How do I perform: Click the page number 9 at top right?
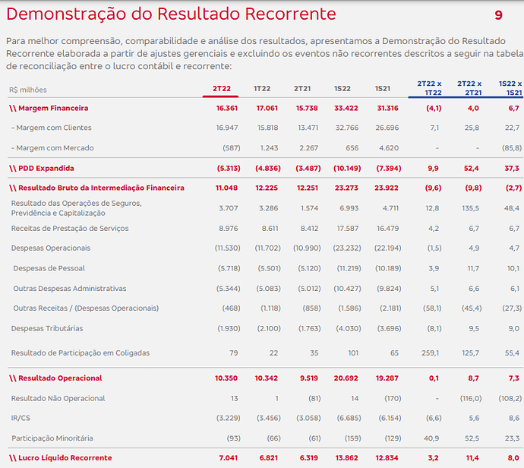pyautogui.click(x=498, y=15)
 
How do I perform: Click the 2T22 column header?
pyautogui.click(x=222, y=89)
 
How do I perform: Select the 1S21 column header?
pyautogui.click(x=382, y=89)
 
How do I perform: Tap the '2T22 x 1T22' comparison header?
pyautogui.click(x=429, y=88)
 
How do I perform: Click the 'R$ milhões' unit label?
pyautogui.click(x=28, y=90)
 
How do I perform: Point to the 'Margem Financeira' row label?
pyautogui.click(x=53, y=108)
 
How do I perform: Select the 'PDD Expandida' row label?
pyautogui.click(x=46, y=168)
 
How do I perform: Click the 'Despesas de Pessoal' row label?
pyautogui.click(x=49, y=268)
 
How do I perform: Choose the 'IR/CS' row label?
pyautogui.click(x=21, y=418)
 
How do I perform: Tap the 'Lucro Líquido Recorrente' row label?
pyautogui.click(x=65, y=457)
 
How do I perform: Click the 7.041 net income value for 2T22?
pyautogui.click(x=229, y=457)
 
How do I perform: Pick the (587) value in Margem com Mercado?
pyautogui.click(x=232, y=147)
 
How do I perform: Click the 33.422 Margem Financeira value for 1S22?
pyautogui.click(x=346, y=108)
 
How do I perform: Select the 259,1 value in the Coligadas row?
pyautogui.click(x=430, y=353)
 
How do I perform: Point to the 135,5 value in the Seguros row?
pyautogui.click(x=470, y=208)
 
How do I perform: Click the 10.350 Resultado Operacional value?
pyautogui.click(x=226, y=378)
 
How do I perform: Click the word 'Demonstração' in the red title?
pyautogui.click(x=66, y=14)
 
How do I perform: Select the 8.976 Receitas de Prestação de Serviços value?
pyautogui.click(x=229, y=229)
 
